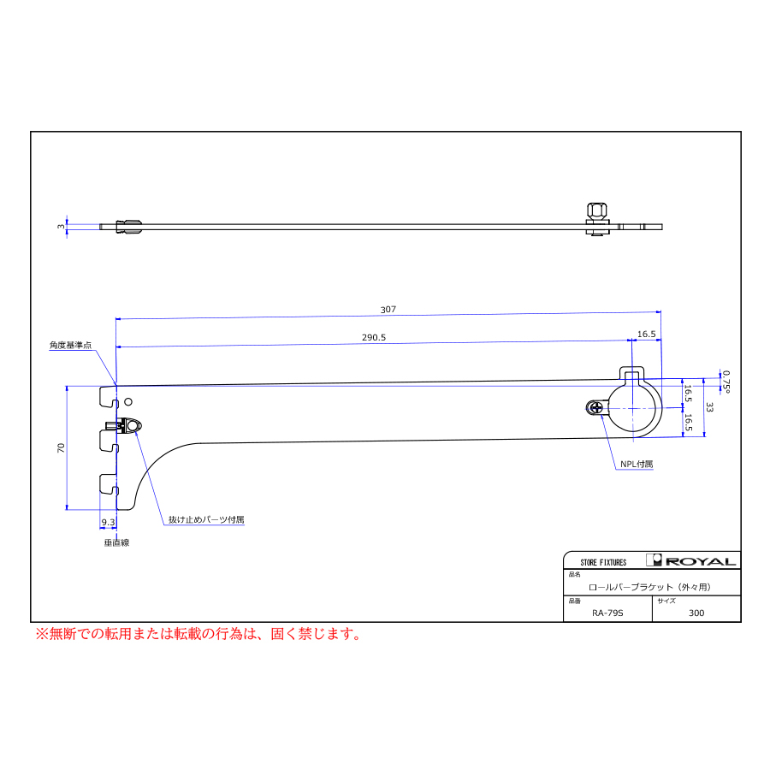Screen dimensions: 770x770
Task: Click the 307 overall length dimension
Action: tap(388, 309)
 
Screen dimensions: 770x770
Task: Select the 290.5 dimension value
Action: tap(374, 338)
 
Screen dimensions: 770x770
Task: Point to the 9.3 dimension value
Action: tap(109, 521)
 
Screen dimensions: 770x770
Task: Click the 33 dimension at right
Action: tap(709, 407)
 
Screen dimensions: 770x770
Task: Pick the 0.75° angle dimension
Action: tap(726, 380)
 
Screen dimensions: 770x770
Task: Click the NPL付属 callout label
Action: tap(637, 464)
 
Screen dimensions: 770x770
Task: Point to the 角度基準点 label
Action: tap(70, 346)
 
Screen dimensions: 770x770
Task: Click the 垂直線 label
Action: tap(116, 542)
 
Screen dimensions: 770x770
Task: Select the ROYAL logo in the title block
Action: tap(692, 561)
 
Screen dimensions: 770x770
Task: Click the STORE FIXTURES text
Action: tap(603, 562)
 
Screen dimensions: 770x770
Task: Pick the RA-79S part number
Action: tap(607, 612)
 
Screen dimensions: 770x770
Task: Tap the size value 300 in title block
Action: tap(696, 612)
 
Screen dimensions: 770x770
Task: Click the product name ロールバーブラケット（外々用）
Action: tap(650, 587)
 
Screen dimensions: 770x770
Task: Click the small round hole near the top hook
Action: tap(128, 401)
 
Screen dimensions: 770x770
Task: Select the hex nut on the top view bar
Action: tap(595, 212)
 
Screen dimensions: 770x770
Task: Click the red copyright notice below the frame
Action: tap(198, 634)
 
